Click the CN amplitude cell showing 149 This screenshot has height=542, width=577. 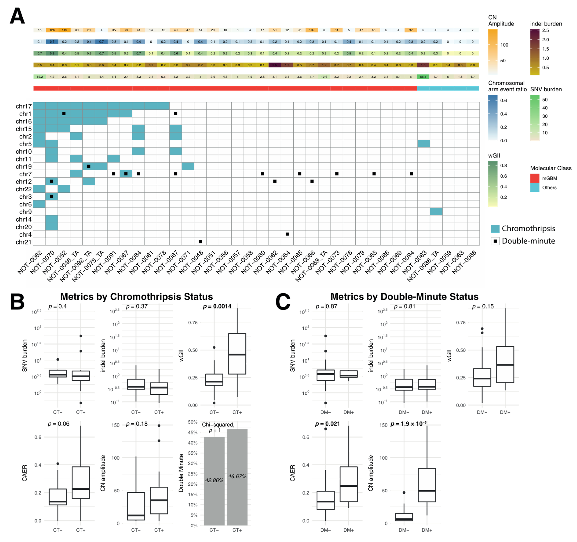[x=64, y=30]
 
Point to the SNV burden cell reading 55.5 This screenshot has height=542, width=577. [x=423, y=77]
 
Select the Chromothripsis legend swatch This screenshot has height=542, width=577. [x=495, y=229]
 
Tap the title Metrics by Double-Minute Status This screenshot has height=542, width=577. [x=404, y=297]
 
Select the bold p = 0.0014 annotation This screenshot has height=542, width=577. [x=217, y=306]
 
